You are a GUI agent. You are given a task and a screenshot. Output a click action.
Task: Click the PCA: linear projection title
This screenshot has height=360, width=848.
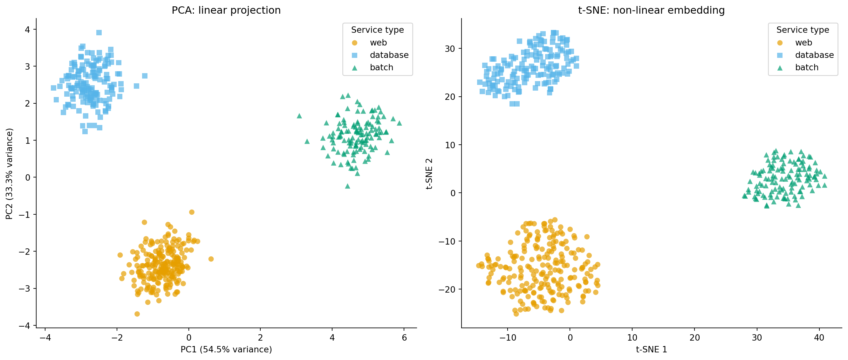[x=226, y=10]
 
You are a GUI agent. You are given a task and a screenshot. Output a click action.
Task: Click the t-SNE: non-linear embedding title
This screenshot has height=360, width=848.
[x=651, y=10]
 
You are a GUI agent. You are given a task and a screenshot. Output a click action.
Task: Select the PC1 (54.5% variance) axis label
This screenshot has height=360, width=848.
[x=226, y=349]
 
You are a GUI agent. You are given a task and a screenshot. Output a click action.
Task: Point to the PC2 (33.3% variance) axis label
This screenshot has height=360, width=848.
[x=9, y=174]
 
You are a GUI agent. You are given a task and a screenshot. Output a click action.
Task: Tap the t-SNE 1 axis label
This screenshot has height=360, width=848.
[x=651, y=349]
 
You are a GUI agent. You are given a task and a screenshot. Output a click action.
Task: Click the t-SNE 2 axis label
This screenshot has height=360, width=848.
[x=429, y=174]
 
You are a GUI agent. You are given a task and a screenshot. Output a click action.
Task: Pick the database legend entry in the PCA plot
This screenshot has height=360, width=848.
[x=389, y=55]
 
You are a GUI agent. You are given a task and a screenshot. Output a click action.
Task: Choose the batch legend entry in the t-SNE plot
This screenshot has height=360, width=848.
[x=806, y=67]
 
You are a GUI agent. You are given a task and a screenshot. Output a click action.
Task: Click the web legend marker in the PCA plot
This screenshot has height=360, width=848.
[x=354, y=43]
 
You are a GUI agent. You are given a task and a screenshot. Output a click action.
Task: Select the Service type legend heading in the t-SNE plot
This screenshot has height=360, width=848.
[x=802, y=30]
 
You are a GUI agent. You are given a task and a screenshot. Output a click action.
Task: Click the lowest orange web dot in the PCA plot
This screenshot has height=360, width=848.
[x=137, y=314]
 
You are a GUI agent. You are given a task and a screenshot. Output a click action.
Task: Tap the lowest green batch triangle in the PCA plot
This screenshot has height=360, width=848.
[x=347, y=186]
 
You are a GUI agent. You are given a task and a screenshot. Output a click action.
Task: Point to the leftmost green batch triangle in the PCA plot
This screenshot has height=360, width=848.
[x=299, y=116]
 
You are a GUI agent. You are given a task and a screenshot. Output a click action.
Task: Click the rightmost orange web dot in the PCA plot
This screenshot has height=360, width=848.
[x=211, y=259]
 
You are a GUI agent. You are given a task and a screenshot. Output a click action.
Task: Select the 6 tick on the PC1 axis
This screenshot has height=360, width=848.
[x=404, y=338]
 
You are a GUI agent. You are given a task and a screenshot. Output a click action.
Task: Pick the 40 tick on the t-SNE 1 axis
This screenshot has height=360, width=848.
[x=819, y=338]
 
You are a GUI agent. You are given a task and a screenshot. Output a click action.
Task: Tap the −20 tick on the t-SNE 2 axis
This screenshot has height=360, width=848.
[x=447, y=289]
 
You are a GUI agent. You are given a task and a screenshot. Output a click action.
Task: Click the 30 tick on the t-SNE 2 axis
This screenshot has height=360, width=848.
[x=450, y=49]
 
